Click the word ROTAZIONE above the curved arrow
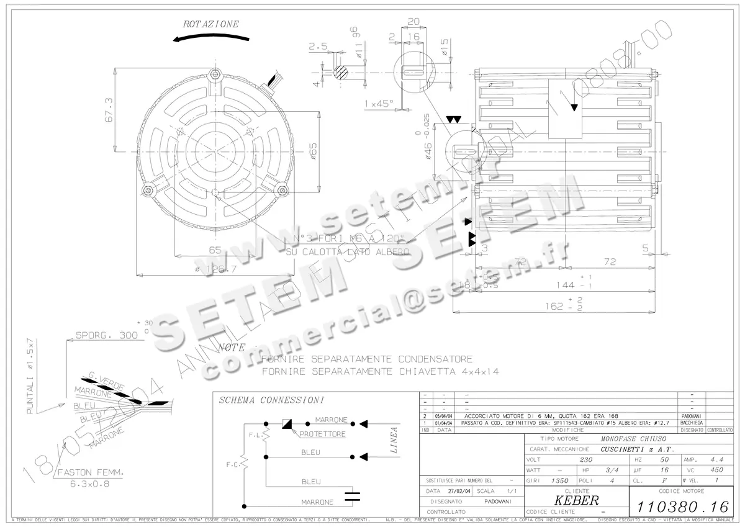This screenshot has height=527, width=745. (x=210, y=24)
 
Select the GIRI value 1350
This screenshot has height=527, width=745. (x=561, y=480)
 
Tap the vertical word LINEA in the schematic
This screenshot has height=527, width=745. (x=393, y=439)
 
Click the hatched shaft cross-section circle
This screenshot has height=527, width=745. (x=340, y=72)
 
